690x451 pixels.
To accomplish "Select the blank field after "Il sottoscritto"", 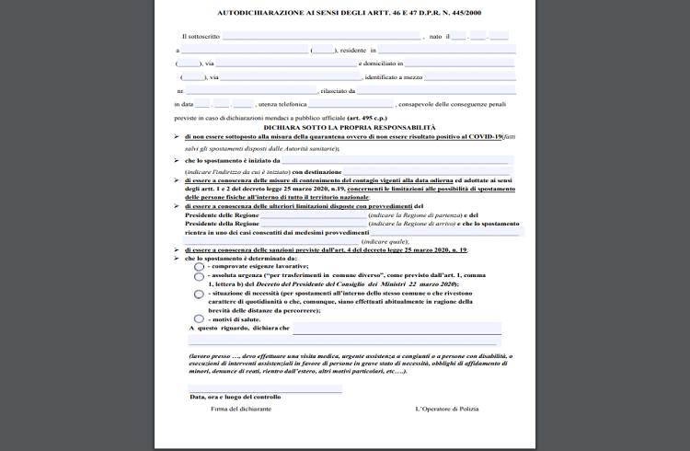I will (x=322, y=36).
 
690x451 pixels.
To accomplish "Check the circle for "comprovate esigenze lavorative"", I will (x=200, y=266).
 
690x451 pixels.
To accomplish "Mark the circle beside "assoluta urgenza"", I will (x=200, y=276).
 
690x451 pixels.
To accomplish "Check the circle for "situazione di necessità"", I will (x=200, y=295).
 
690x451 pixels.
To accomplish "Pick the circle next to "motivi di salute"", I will (x=200, y=318).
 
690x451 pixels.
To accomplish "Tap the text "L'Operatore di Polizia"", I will (x=447, y=408).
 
